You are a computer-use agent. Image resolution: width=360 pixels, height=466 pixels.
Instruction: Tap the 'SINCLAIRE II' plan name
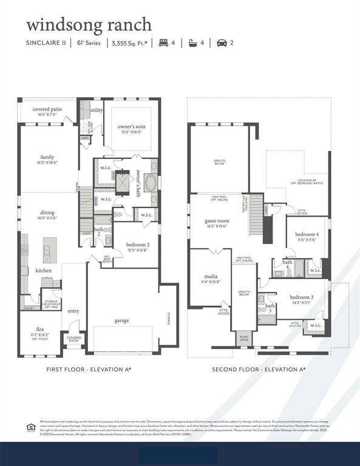tap(46, 43)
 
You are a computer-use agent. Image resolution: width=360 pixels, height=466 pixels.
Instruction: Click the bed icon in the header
tap(162, 43)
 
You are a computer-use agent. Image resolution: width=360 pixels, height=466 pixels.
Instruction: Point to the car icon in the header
tap(222, 43)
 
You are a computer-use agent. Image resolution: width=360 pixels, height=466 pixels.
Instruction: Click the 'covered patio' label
tap(47, 109)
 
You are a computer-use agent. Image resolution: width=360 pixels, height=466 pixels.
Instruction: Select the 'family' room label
tap(47, 157)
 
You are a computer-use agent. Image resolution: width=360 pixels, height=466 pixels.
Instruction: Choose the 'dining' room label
tap(47, 212)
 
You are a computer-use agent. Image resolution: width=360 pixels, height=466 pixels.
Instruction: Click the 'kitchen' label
tap(44, 270)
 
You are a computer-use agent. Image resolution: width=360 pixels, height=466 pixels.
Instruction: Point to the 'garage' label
tap(122, 320)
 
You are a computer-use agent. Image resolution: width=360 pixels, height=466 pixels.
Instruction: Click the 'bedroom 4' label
tap(307, 234)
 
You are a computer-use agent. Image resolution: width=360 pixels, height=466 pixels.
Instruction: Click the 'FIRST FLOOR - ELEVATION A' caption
tap(89, 369)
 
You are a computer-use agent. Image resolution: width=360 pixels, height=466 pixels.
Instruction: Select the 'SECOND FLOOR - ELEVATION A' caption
tap(259, 369)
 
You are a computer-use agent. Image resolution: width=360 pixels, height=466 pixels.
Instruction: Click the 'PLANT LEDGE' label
tap(244, 339)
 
